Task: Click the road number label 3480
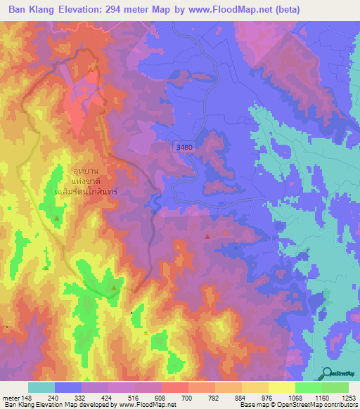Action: click(x=185, y=146)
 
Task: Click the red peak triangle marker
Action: click(x=207, y=237)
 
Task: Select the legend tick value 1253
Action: click(x=348, y=397)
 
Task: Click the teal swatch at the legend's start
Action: click(x=41, y=387)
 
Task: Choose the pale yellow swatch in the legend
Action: click(x=281, y=387)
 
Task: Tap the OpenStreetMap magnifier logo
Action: click(x=328, y=373)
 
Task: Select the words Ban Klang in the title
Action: click(x=31, y=10)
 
